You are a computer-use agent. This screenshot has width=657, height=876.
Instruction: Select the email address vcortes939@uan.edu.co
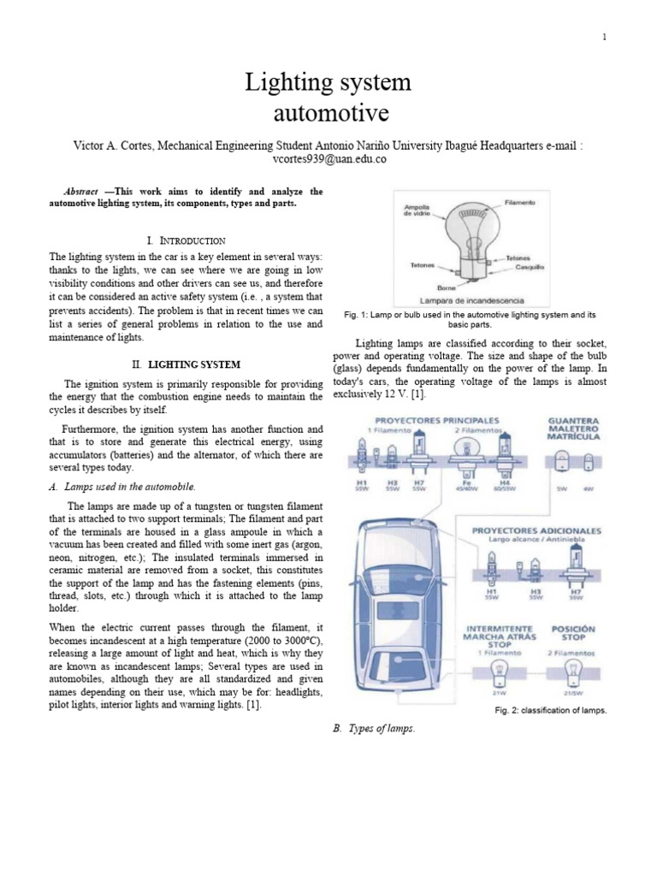point(328,159)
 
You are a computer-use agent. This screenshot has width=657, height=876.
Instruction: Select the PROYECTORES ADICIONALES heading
point(536,530)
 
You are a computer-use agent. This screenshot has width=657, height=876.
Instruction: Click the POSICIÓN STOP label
point(573,634)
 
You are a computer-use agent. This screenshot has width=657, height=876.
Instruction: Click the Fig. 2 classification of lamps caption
point(550,710)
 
